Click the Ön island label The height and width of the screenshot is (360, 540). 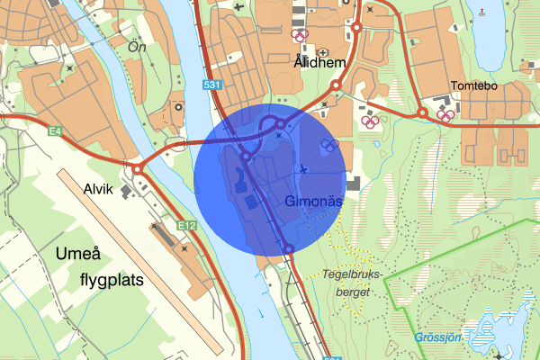137,45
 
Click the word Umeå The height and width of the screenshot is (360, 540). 82,253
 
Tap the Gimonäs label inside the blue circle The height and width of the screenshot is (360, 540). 313,202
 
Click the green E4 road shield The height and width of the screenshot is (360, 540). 56,131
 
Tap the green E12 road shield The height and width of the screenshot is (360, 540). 187,224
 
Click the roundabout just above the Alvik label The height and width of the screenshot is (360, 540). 138,168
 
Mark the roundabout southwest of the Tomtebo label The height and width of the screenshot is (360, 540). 421,112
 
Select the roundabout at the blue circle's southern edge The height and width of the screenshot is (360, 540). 288,248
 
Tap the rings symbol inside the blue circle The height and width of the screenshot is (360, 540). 329,145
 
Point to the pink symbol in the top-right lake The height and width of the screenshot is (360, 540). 483,12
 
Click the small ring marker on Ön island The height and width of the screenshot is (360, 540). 178,106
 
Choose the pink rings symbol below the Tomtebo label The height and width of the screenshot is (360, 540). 445,114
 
